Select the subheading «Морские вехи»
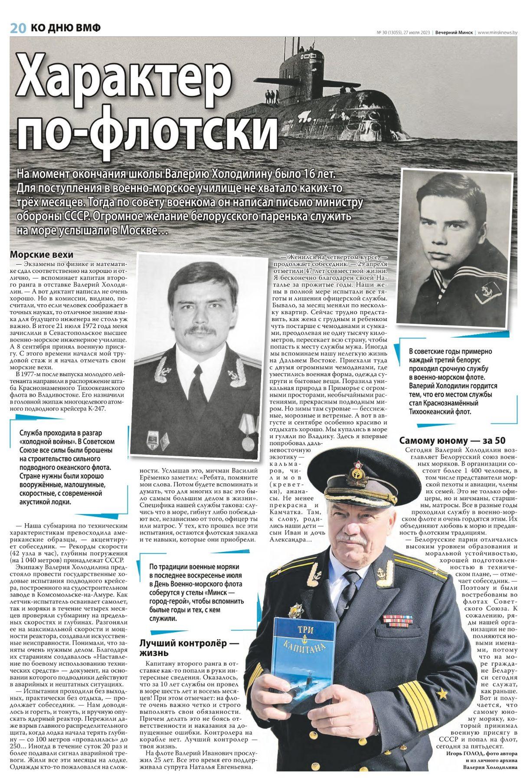click(x=42, y=255)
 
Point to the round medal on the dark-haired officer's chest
click(x=247, y=443)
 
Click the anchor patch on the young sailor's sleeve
click(x=486, y=295)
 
